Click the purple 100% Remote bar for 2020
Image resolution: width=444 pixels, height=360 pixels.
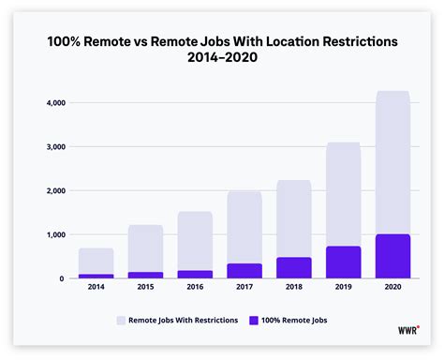(392, 256)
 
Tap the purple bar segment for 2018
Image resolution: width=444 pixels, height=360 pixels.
(293, 267)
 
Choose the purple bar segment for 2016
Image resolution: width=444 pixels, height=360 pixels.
(195, 274)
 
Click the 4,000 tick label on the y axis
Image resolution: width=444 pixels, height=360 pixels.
(55, 103)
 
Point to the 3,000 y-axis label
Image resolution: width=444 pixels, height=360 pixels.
(55, 147)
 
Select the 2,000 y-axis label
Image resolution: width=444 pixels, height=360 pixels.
(55, 191)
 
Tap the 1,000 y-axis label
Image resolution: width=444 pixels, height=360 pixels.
(55, 234)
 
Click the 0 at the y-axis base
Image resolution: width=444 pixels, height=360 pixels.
(63, 278)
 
